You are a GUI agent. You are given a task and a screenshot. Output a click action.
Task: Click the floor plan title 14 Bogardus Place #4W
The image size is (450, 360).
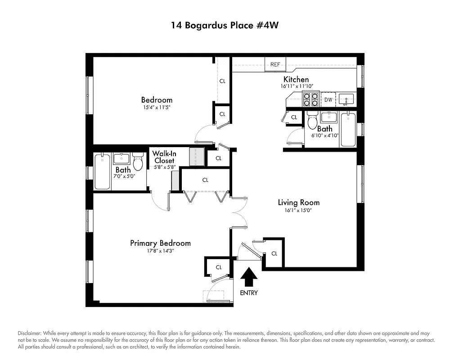click(225, 25)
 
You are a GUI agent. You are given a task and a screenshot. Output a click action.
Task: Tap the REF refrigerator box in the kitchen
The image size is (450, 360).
click(275, 64)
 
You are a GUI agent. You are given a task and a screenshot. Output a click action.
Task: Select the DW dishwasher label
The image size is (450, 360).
click(328, 99)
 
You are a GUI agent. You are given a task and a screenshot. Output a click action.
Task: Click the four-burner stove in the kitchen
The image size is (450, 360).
click(310, 99)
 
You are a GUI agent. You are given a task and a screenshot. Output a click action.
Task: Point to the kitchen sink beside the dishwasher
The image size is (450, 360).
click(347, 99)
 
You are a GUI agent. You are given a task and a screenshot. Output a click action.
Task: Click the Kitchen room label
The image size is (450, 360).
click(296, 79)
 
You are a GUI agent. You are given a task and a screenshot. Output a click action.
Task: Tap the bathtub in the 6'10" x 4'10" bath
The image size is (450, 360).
click(348, 130)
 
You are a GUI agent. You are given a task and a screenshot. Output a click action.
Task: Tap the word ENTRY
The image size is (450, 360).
click(249, 293)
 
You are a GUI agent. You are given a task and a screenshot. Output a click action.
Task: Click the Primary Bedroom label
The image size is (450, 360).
click(160, 243)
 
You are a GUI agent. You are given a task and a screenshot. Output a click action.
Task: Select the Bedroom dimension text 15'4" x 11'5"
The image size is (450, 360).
click(157, 108)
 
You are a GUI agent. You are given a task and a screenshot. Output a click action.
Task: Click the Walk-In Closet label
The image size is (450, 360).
click(164, 157)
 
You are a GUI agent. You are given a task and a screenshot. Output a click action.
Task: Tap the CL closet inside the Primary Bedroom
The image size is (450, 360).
click(219, 267)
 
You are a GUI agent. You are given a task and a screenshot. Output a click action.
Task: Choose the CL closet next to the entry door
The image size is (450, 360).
click(274, 253)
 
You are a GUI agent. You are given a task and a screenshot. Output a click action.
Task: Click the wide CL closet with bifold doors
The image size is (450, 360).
click(205, 180)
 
